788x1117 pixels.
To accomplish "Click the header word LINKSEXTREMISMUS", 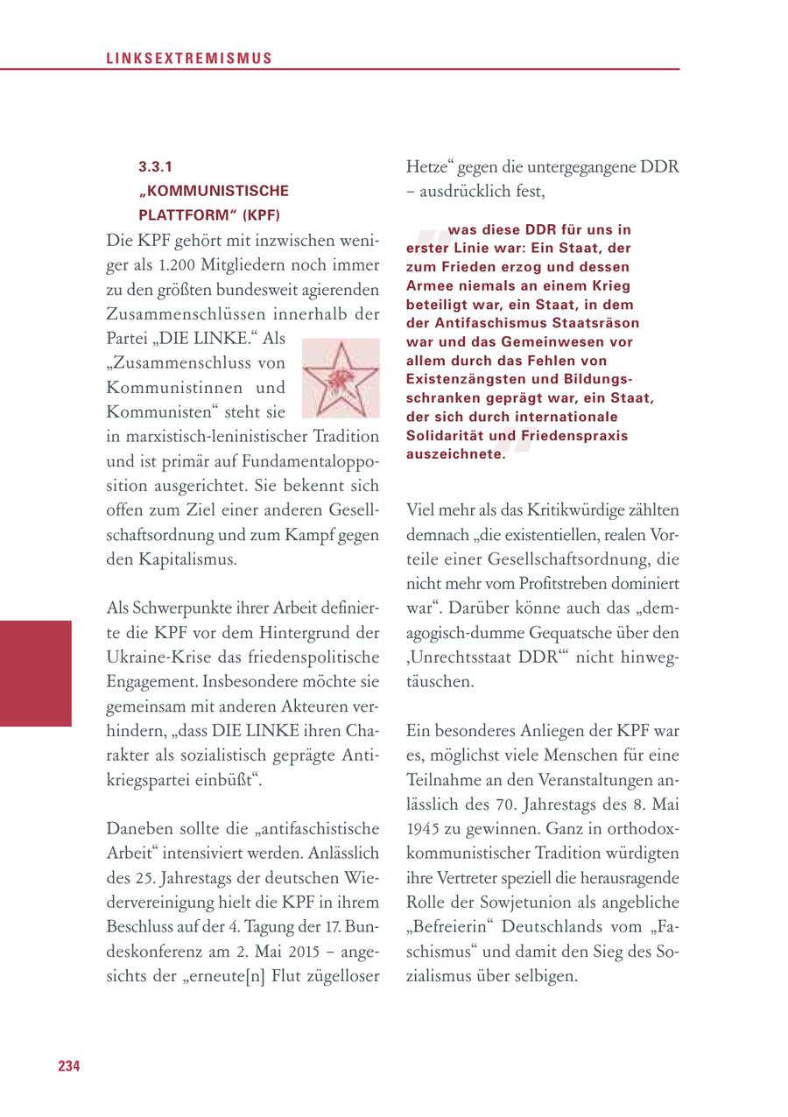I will coord(189,59).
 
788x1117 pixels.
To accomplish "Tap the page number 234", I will coord(69,1065).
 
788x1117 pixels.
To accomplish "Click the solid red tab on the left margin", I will coord(35,672).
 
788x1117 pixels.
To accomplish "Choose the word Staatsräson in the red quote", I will coord(587,323).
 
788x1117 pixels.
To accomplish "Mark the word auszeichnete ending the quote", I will coord(455,453).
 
